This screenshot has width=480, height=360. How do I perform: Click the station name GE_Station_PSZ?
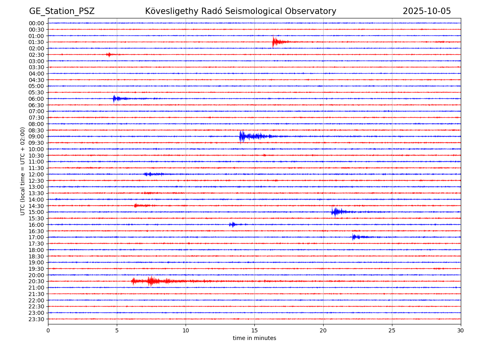[x=62, y=11]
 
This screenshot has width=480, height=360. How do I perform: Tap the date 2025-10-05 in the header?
[x=426, y=11]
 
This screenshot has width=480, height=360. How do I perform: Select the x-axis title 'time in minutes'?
[x=254, y=338]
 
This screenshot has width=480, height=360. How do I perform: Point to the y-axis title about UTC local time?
[x=23, y=171]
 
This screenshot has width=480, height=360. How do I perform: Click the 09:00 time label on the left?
[x=36, y=136]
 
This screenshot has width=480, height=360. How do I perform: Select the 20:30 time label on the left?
[x=36, y=281]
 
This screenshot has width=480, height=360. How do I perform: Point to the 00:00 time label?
[x=36, y=23]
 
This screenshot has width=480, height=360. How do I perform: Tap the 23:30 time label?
[x=36, y=319]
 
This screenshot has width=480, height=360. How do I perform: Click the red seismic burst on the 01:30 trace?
[x=275, y=42]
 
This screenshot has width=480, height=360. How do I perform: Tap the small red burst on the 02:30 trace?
[x=109, y=54]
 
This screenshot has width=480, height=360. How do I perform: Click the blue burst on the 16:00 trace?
[x=232, y=224]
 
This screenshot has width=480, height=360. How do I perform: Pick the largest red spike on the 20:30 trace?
[x=150, y=281]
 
